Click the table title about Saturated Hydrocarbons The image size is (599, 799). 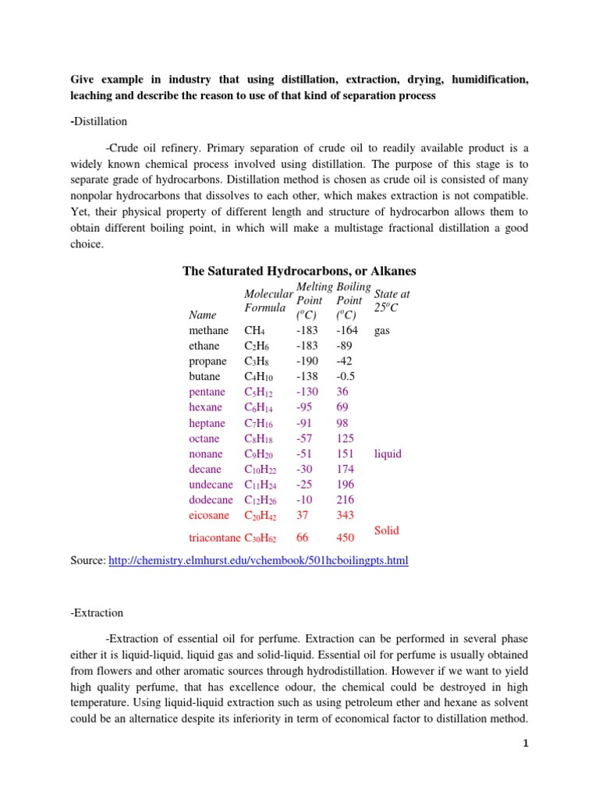click(x=299, y=271)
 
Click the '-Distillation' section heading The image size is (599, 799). click(x=99, y=122)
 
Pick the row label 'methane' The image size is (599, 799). click(x=208, y=331)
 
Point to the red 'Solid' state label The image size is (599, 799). click(x=387, y=531)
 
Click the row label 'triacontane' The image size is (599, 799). click(x=216, y=538)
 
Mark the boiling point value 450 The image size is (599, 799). click(x=346, y=538)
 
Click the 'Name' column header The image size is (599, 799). click(x=202, y=315)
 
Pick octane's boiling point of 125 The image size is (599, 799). click(x=345, y=439)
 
